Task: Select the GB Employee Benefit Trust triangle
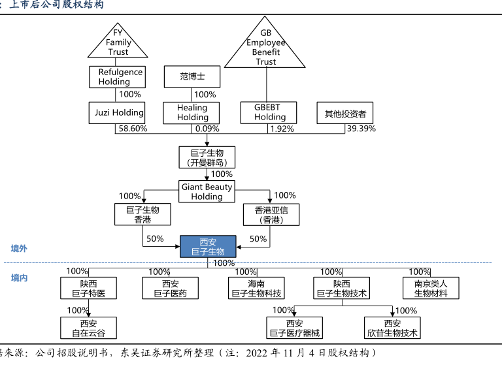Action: [265, 47]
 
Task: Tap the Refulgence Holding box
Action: [117, 77]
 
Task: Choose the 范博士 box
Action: [192, 76]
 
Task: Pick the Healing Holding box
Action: [192, 112]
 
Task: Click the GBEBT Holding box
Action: [269, 112]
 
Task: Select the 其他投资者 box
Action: [345, 112]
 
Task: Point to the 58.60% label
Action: [131, 129]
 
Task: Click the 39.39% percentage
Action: [361, 129]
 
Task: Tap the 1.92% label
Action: [282, 129]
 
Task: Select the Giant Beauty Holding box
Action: [207, 191]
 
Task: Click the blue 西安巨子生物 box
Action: [208, 247]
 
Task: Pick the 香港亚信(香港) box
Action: [271, 215]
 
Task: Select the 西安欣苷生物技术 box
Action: [392, 328]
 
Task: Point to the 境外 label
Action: [19, 249]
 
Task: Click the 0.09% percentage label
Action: [207, 129]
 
